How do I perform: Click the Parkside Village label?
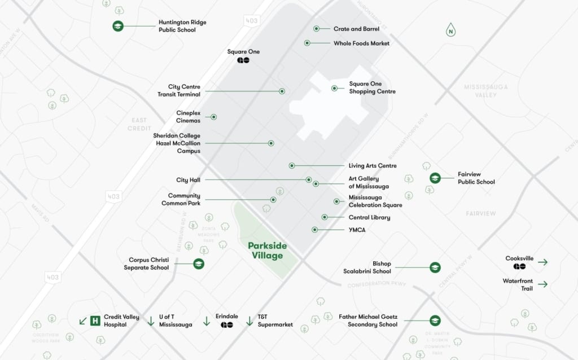(x=268, y=251)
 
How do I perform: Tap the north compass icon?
(x=450, y=30)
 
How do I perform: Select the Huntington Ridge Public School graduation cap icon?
(x=117, y=26)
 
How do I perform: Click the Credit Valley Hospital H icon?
(x=95, y=321)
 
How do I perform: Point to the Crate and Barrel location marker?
(x=317, y=28)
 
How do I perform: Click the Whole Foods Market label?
(x=361, y=43)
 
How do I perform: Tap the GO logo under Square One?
(x=243, y=60)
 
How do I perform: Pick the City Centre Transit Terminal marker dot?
(x=282, y=91)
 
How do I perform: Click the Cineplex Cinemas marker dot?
(x=214, y=117)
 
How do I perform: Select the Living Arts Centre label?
(x=373, y=166)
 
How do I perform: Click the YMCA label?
(x=357, y=230)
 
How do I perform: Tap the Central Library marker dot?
(x=325, y=217)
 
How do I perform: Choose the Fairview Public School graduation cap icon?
(x=435, y=178)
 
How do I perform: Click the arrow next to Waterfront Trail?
(x=542, y=284)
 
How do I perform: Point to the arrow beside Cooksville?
(x=542, y=262)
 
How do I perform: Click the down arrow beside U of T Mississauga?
(x=151, y=321)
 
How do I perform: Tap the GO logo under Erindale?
(x=227, y=325)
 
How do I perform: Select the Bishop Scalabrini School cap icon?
(x=435, y=267)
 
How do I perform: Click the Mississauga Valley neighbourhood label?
(x=485, y=91)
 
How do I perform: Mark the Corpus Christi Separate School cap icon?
(x=199, y=264)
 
